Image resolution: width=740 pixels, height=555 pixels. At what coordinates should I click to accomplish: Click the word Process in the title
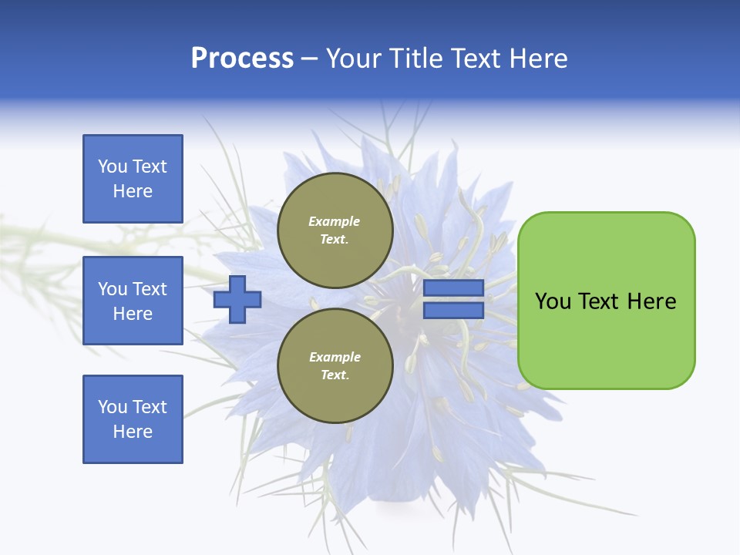point(243,59)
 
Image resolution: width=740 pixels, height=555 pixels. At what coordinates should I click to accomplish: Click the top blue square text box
point(133,179)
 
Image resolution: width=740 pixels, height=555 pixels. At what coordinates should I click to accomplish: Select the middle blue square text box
point(133,301)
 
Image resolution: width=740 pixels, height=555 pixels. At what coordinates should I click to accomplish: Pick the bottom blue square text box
point(133,419)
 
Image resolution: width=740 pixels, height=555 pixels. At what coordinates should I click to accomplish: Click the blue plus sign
point(237,300)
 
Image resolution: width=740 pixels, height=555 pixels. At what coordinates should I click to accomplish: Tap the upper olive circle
point(335,230)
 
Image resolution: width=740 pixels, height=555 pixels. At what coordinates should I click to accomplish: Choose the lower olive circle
point(335,365)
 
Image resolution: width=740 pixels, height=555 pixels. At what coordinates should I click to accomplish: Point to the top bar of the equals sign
point(453,288)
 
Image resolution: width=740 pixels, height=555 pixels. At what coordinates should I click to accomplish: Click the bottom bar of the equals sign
point(453,311)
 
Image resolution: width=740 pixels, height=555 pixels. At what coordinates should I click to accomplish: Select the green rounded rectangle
point(607,301)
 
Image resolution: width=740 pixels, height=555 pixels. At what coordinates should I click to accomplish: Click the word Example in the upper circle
point(334,221)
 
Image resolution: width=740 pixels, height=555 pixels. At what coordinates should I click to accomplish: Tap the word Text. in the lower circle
point(335,375)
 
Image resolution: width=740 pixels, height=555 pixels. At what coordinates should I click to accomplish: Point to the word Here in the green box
point(652,301)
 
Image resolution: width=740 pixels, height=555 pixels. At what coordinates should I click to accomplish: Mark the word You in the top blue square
point(113,166)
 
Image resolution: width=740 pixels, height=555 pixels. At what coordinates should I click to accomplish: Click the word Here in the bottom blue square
point(133,432)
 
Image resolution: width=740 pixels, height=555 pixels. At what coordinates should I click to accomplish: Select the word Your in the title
point(354,58)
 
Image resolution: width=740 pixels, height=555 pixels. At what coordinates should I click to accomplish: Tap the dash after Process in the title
point(310,60)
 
